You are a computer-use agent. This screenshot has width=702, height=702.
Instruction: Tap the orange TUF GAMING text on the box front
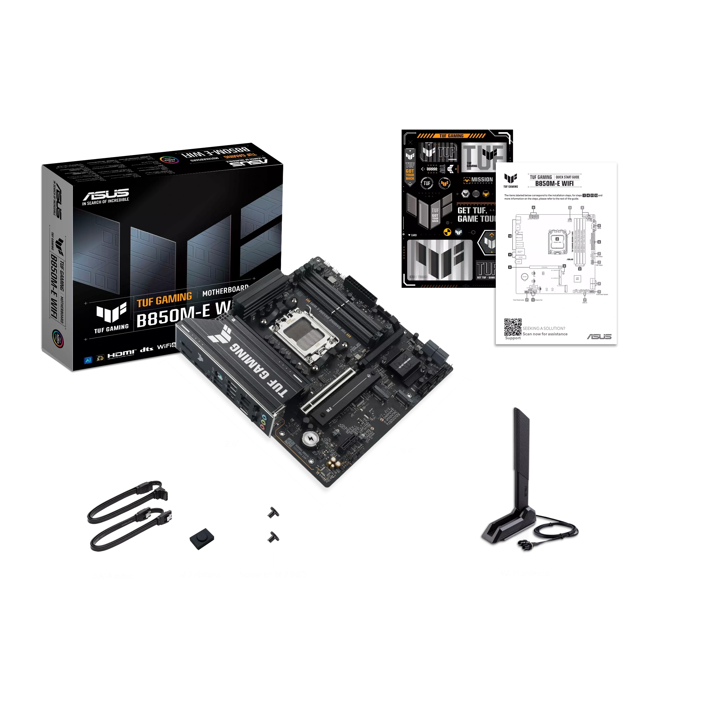pos(164,300)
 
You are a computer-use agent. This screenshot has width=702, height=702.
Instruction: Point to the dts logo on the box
pos(147,349)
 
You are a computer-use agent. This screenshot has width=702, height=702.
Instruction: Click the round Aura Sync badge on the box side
pos(57,338)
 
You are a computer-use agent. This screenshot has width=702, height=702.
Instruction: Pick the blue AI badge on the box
pos(88,360)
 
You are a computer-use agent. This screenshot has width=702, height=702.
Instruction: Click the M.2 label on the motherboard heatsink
pos(329,409)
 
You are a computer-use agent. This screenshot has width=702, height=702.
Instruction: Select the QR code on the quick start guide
pos(512,327)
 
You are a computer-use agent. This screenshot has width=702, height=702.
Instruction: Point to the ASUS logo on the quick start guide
pos(599,336)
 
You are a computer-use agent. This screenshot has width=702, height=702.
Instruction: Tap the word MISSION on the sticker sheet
pos(482,180)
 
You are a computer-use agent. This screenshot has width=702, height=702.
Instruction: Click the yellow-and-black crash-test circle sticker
pos(447,232)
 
